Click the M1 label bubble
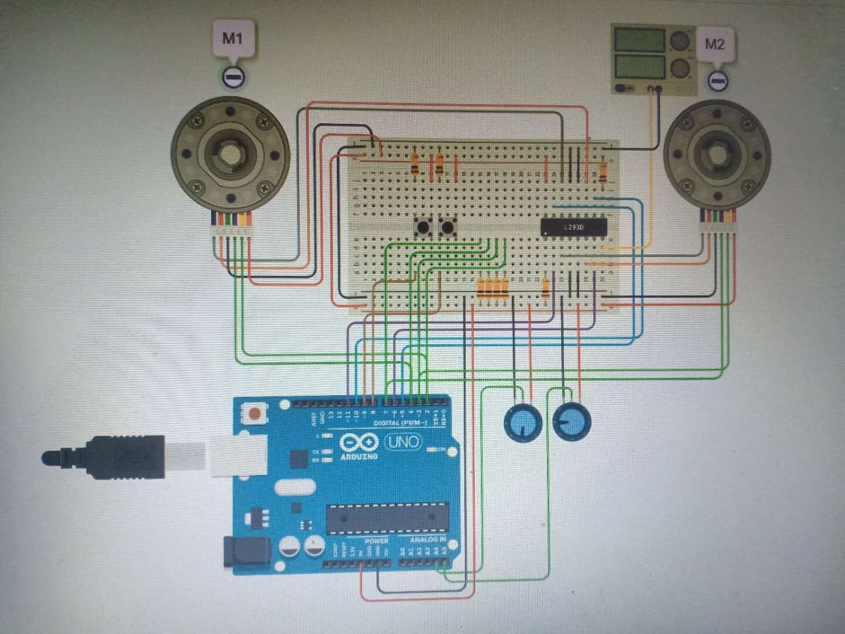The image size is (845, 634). click(x=232, y=40)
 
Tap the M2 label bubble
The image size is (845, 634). click(x=714, y=45)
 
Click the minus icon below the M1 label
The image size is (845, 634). click(x=233, y=76)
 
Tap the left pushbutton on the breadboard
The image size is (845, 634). click(x=421, y=227)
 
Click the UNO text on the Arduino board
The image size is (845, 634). click(x=404, y=441)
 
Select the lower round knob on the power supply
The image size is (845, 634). click(x=680, y=68)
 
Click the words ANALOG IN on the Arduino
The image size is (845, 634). click(x=427, y=539)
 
